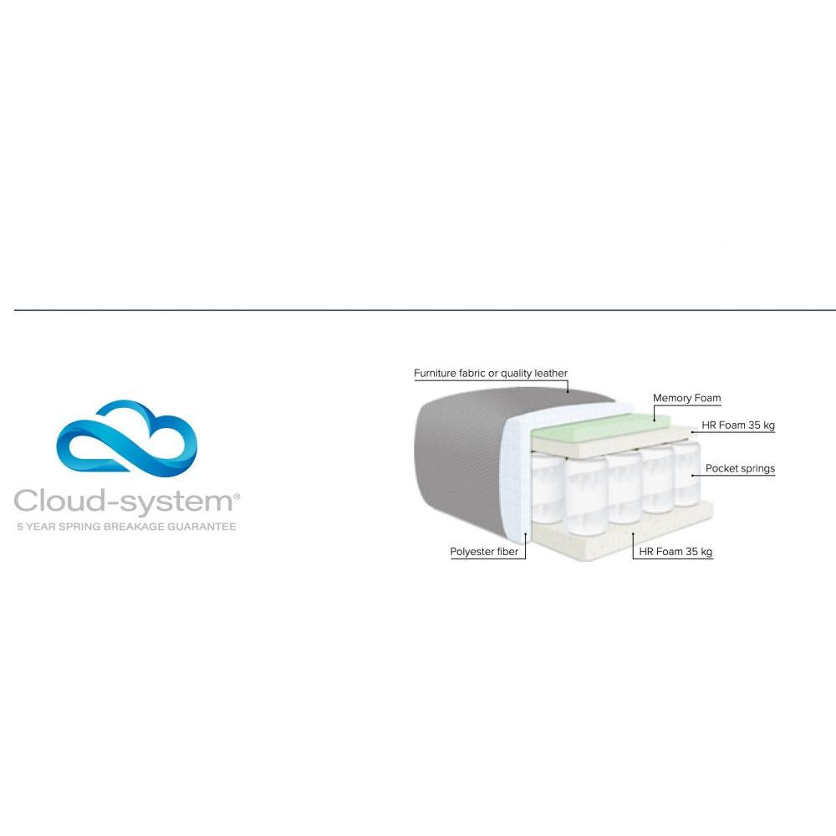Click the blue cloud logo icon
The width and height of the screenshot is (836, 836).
pyautogui.click(x=125, y=443)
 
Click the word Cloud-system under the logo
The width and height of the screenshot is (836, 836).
pyautogui.click(x=124, y=502)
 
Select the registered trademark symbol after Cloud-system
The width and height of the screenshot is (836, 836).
pyautogui.click(x=237, y=497)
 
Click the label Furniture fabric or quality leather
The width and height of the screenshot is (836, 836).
pyautogui.click(x=491, y=373)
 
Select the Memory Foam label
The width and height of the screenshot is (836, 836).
pyautogui.click(x=686, y=398)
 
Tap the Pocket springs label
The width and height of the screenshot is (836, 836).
pyautogui.click(x=740, y=468)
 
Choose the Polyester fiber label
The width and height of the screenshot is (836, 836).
pyautogui.click(x=484, y=552)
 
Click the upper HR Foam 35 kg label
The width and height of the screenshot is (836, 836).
pyautogui.click(x=738, y=426)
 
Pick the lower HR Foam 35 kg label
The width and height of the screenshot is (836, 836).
pyautogui.click(x=675, y=552)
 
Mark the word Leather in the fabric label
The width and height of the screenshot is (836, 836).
pyautogui.click(x=550, y=373)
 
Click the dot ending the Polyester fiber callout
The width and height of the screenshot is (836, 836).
pyautogui.click(x=526, y=532)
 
